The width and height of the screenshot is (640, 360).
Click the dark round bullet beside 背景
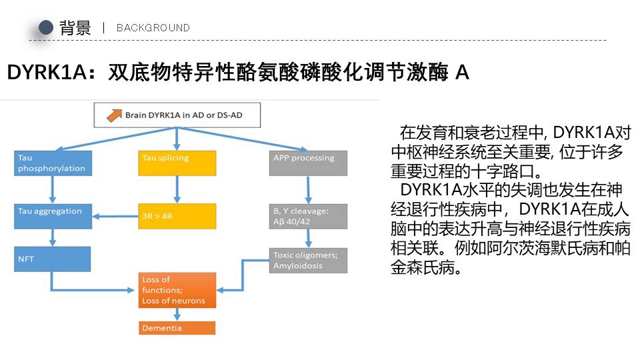click(x=46, y=27)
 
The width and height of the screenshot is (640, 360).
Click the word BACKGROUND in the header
click(x=153, y=28)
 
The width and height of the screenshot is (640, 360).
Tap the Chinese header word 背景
click(x=75, y=27)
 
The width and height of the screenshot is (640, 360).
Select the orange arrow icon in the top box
click(x=115, y=115)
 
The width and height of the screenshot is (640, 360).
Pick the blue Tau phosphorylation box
click(x=53, y=163)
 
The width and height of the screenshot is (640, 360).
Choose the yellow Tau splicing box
click(x=177, y=163)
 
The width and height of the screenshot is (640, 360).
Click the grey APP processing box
click(x=308, y=163)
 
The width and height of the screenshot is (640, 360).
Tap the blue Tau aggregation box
click(x=53, y=216)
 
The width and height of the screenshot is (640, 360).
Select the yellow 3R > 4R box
click(x=177, y=216)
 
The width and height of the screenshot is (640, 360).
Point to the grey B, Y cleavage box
click(x=308, y=216)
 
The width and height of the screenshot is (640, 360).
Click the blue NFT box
click(x=53, y=259)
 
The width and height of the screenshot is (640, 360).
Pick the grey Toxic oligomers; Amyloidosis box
click(x=308, y=260)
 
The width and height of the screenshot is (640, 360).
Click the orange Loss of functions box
click(x=177, y=291)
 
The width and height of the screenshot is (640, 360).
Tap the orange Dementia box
click(x=177, y=328)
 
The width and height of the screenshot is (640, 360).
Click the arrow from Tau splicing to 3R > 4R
click(x=177, y=189)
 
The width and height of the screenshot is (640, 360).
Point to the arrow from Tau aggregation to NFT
click(x=53, y=237)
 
